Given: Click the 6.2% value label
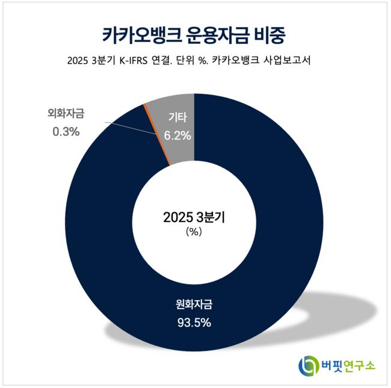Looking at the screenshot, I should [178, 136].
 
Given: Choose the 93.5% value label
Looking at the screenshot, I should [194, 323].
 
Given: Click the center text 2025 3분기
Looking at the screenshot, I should [194, 218].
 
